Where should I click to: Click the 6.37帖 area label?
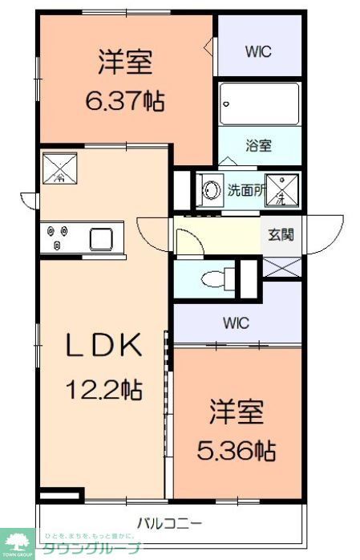(x=124, y=100)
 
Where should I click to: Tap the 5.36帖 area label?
(x=237, y=450)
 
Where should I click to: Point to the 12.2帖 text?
(x=103, y=390)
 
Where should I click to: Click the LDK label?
(x=103, y=346)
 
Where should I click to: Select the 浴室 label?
(x=258, y=146)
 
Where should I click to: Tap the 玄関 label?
(x=281, y=234)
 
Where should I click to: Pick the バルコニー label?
(x=168, y=523)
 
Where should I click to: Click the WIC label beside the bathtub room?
(x=258, y=52)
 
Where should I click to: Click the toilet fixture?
(x=216, y=279)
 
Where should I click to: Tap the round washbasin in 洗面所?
(x=212, y=191)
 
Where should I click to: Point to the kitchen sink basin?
(x=103, y=238)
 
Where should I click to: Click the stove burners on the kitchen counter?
(x=57, y=238)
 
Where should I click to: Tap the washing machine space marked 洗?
(x=281, y=190)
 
